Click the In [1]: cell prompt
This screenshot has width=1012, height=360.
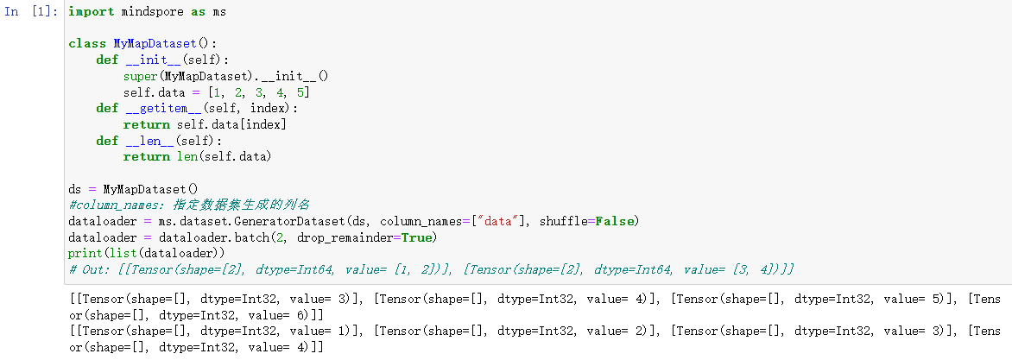[x=33, y=13]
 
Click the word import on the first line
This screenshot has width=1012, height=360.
[x=87, y=13]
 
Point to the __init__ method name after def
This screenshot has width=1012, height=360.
[x=151, y=60]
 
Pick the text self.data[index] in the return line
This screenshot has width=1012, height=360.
[x=231, y=124]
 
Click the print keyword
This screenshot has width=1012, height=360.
[x=85, y=253]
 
